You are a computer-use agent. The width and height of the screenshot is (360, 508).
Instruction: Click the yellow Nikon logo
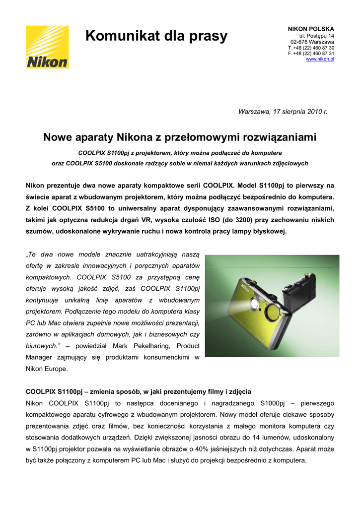point(47,47)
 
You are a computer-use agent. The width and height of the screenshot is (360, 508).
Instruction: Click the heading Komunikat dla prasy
point(156,36)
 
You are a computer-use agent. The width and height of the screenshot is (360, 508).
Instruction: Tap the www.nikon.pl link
point(320,59)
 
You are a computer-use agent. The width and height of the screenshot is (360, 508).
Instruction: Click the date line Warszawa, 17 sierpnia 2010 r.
point(283,112)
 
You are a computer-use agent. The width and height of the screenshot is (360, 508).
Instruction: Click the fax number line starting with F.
point(311,53)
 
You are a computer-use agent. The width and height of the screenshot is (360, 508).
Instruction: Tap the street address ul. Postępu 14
point(316,36)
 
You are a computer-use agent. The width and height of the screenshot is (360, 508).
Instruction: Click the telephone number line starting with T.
point(311,48)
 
